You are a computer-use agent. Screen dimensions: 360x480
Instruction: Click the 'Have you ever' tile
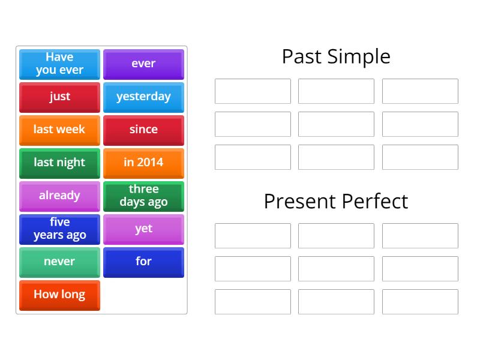[x=59, y=64]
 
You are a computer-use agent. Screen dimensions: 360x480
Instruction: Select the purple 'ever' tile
[x=143, y=64]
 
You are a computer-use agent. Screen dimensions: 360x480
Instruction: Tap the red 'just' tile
[x=59, y=97]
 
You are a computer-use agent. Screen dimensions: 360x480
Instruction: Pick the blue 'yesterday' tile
[x=143, y=97]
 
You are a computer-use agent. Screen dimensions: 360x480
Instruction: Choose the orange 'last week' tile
[x=59, y=130]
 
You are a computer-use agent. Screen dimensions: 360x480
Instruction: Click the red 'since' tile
[x=143, y=130]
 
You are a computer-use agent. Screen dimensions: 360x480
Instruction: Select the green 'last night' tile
[x=59, y=163]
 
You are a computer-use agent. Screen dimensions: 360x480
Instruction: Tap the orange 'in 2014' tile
[x=143, y=163]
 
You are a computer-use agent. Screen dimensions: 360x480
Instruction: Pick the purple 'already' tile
[x=59, y=196]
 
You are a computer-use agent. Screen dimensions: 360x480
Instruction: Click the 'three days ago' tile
[x=143, y=196]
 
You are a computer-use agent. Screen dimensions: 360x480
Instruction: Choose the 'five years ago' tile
[x=59, y=229]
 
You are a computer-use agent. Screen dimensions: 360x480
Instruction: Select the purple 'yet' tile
[x=143, y=229]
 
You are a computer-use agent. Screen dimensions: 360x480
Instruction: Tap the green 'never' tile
[x=59, y=262]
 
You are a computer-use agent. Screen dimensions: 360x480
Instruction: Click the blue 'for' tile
[x=143, y=262]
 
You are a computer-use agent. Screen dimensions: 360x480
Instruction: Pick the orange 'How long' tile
[x=59, y=295]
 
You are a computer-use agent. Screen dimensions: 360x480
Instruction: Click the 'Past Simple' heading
[x=336, y=56]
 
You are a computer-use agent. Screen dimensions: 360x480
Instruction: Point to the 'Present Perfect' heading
[x=336, y=201]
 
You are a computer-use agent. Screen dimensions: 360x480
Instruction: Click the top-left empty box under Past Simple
[x=253, y=91]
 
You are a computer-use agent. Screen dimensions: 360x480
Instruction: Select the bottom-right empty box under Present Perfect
[x=420, y=302]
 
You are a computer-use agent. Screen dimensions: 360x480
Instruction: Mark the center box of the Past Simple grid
[x=336, y=124]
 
